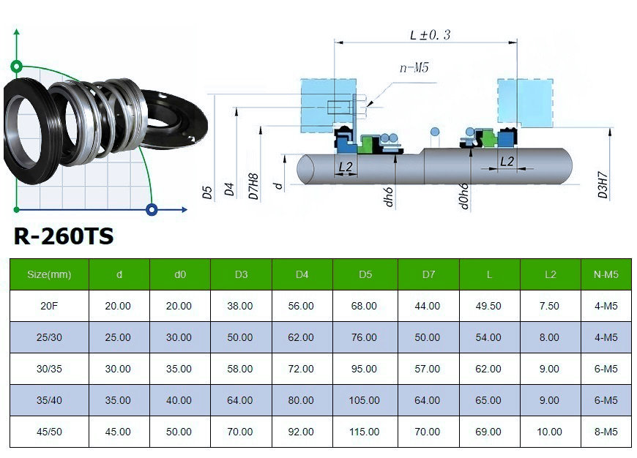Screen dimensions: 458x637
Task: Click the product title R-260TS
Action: pos(64,237)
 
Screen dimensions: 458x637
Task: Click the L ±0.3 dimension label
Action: pos(431,34)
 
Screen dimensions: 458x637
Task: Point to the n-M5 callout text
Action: pos(414,68)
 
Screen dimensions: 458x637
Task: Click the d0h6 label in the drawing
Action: pos(464,195)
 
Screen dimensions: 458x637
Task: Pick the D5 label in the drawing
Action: pos(208,192)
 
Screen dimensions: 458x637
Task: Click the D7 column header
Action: pos(428,275)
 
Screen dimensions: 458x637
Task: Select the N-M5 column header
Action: pos(606,275)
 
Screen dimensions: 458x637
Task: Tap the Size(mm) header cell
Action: pos(49,275)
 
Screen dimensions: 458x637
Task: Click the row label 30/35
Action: pos(49,369)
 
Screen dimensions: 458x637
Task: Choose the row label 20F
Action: pos(49,307)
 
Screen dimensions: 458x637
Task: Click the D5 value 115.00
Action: pos(365,432)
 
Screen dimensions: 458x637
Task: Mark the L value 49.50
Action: pos(489,307)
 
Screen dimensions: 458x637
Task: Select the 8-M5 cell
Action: pos(606,432)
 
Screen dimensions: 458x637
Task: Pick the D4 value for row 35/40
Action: pos(302,400)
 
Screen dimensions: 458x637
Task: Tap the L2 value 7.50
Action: pos(550,307)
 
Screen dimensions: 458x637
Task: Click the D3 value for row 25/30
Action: pos(240,338)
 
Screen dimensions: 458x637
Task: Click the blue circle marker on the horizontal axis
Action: pos(152,210)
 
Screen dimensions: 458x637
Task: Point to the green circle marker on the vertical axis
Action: pos(18,66)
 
